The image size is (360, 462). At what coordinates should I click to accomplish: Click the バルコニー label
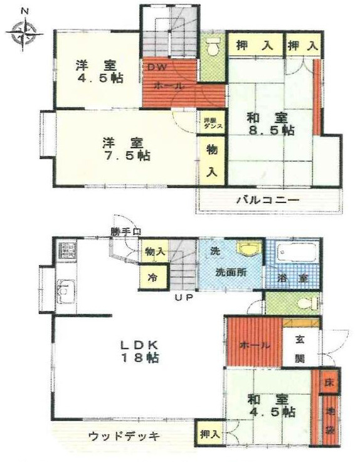coord(267,201)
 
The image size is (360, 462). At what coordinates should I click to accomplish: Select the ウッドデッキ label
coord(124,435)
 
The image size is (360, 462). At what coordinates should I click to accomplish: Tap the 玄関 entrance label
coord(300,349)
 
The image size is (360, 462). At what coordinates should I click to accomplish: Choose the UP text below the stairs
coord(184,297)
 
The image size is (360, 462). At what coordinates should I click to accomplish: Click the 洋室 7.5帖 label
coord(118,148)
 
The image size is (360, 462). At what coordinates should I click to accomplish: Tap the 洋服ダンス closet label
coord(208,123)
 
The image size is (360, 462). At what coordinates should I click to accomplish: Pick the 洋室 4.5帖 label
coord(99,71)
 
